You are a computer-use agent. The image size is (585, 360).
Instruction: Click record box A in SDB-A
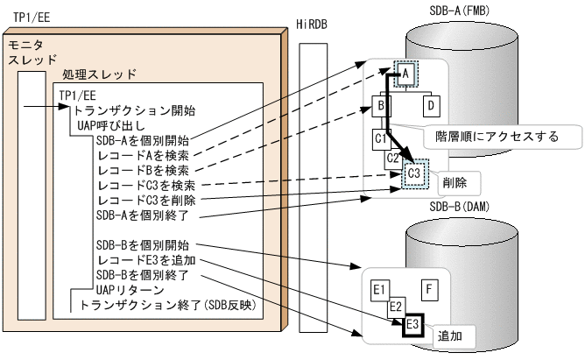click(x=406, y=75)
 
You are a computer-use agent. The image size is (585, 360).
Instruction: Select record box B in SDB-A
click(x=382, y=106)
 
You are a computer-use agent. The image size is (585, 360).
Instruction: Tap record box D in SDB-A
click(x=431, y=106)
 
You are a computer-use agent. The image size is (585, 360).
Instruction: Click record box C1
click(x=381, y=138)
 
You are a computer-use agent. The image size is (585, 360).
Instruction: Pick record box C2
click(x=394, y=158)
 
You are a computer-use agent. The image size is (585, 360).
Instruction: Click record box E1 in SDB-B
click(x=379, y=289)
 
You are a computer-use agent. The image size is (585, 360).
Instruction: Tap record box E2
click(x=395, y=307)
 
